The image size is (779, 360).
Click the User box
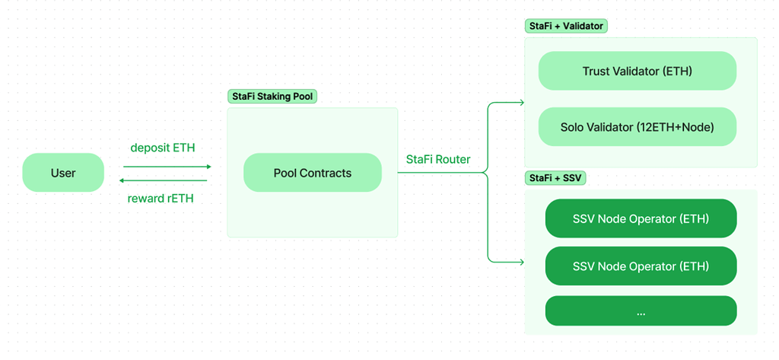click(x=63, y=173)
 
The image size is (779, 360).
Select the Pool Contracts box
click(x=312, y=173)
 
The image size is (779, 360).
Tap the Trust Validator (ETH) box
click(x=637, y=71)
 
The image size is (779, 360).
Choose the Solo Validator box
click(x=637, y=127)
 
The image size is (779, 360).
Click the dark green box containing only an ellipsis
click(x=641, y=311)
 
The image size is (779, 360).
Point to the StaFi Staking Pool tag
click(x=272, y=97)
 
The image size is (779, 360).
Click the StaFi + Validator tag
click(x=566, y=26)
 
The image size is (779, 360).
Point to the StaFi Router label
click(x=438, y=159)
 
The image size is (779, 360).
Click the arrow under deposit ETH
click(x=167, y=166)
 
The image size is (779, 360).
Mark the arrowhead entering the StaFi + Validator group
click(x=520, y=102)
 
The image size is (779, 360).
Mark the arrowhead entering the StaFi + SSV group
click(x=520, y=262)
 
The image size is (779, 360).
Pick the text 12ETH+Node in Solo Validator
click(x=682, y=127)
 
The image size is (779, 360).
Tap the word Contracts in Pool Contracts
click(x=326, y=173)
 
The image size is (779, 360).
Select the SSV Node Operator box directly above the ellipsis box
click(x=641, y=266)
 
